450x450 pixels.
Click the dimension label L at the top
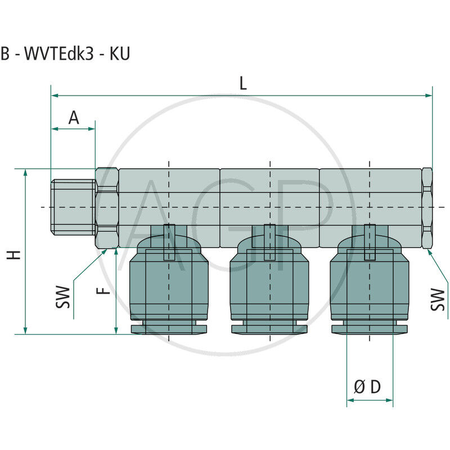click(x=242, y=83)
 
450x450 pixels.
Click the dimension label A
click(x=74, y=118)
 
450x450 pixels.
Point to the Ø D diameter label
click(x=367, y=387)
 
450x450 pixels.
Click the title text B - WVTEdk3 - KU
click(x=65, y=55)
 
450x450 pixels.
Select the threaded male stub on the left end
click(x=73, y=207)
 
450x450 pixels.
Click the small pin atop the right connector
click(x=369, y=242)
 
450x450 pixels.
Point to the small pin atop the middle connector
click(x=270, y=242)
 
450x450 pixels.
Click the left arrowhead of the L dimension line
click(x=55, y=96)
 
